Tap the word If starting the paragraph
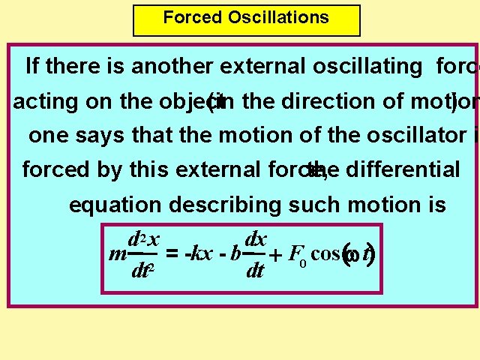[x=33, y=67]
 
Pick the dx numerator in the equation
[x=256, y=239]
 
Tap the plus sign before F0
[x=275, y=255]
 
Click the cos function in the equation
[x=325, y=253]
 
